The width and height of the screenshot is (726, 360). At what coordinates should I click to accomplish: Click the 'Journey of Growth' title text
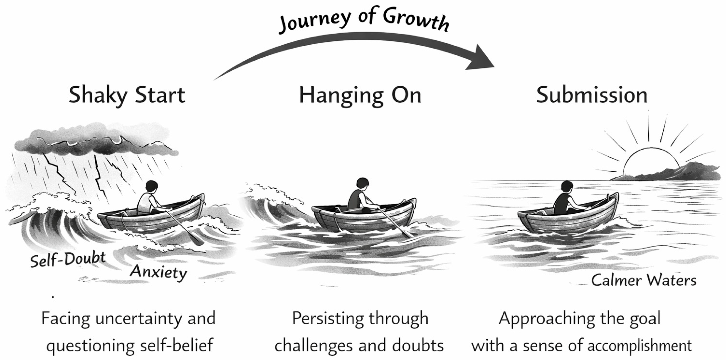pyautogui.click(x=363, y=19)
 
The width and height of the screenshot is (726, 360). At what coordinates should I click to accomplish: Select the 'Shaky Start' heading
pyautogui.click(x=127, y=95)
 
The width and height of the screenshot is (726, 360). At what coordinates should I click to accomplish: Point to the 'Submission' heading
pyautogui.click(x=592, y=95)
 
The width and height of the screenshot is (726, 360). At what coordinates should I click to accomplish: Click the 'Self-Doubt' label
pyautogui.click(x=68, y=259)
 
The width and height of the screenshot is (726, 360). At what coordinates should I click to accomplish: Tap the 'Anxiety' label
pyautogui.click(x=158, y=272)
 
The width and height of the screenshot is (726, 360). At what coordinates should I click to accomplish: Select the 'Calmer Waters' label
pyautogui.click(x=644, y=281)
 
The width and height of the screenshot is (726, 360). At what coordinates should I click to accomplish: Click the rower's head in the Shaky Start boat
pyautogui.click(x=152, y=187)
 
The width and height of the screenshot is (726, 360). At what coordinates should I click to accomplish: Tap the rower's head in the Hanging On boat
pyautogui.click(x=363, y=184)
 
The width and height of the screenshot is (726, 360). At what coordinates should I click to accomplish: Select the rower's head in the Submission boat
pyautogui.click(x=567, y=187)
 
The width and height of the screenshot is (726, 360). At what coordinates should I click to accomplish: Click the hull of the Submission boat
pyautogui.click(x=566, y=222)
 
